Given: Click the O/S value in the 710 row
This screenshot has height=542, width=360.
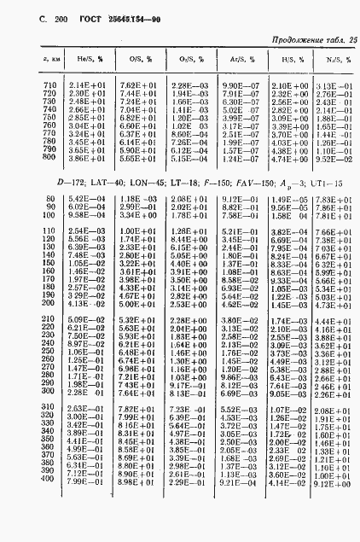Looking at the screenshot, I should (x=136, y=86).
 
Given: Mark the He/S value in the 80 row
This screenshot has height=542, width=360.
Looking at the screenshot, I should (x=86, y=199).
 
